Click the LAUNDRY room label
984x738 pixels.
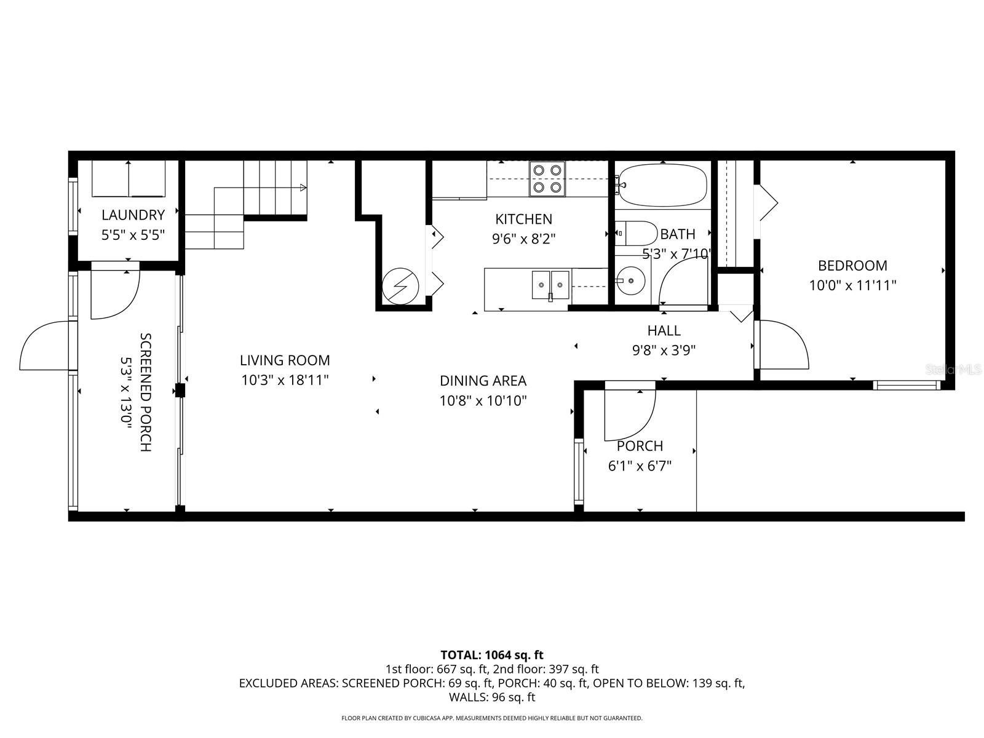[133, 215]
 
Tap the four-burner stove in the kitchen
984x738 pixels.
[547, 178]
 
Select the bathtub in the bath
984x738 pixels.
[663, 184]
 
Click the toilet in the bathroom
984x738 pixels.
[636, 233]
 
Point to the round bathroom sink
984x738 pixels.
[630, 282]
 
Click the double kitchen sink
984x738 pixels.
[551, 284]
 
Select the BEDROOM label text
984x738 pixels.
[852, 266]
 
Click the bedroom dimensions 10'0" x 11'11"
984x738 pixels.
[852, 285]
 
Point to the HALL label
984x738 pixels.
[664, 331]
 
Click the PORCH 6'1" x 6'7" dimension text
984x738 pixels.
[640, 466]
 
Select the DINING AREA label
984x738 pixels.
[483, 381]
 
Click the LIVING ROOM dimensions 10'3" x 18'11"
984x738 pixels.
[285, 380]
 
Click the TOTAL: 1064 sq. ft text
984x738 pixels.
[492, 655]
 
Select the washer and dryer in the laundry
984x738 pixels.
[129, 178]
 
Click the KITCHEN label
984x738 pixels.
[524, 219]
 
